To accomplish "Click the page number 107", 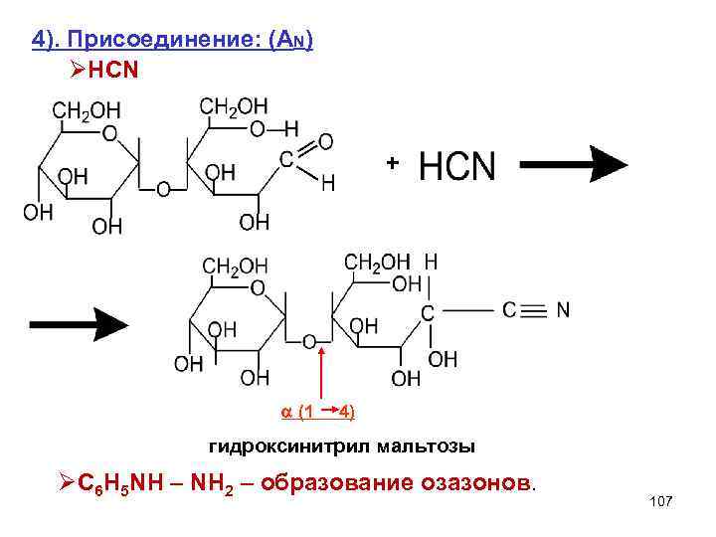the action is (660, 501).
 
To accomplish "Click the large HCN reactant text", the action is (456, 166).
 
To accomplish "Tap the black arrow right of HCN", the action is (574, 162).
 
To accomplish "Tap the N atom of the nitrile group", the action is (563, 310).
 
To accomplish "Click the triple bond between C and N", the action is (533, 310).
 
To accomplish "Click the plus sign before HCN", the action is (393, 161).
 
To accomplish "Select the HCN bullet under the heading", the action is (107, 71).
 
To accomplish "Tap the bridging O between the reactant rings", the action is (163, 188).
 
